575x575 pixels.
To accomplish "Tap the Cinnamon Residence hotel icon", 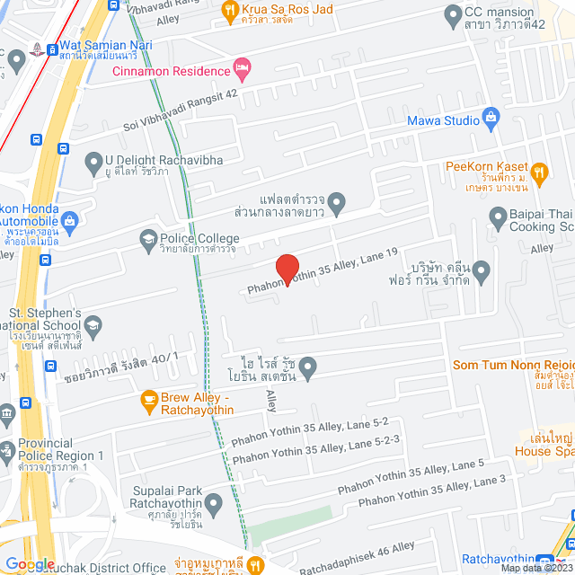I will point(241,68).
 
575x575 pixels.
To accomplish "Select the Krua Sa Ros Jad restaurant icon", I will point(227,12).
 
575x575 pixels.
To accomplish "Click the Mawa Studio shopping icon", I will point(491,116).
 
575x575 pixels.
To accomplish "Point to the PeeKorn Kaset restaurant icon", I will point(539,172).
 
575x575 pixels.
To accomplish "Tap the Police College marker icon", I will point(148,239).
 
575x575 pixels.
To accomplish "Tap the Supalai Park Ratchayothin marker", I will point(213,504).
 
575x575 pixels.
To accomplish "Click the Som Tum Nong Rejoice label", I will point(513,365).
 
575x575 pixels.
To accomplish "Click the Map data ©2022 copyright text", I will point(535,568).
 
